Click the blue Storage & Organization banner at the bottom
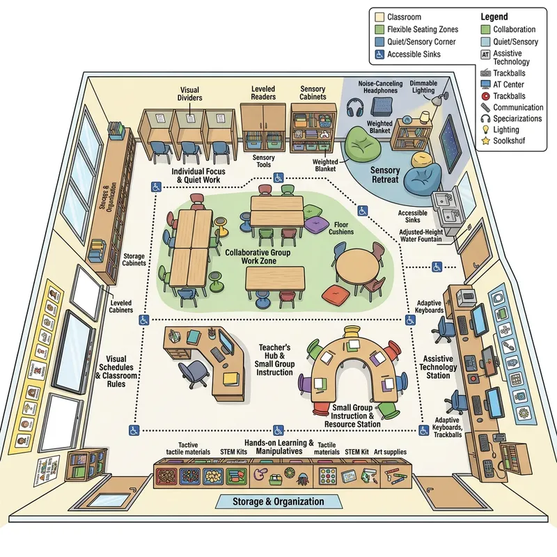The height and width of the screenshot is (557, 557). pos(278,501)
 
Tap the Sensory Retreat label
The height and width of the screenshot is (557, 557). pos(385,174)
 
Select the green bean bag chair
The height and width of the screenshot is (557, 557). pos(363,147)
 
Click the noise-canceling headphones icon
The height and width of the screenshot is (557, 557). pos(355,109)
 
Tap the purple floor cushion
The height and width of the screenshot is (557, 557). pos(317,224)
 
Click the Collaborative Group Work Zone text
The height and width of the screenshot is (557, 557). pos(257,256)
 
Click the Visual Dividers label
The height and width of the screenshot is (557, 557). pos(189,94)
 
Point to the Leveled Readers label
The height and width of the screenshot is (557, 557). pos(263,93)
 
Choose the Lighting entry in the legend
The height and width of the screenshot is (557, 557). pos(506,130)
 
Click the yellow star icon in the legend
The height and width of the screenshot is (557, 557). pos(485,141)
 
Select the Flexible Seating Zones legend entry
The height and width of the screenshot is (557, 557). pos(418,29)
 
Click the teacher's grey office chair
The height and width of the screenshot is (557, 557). pos(193,371)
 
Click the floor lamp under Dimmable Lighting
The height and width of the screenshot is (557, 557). pos(437,104)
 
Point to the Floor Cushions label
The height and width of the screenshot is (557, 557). pos(340,228)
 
